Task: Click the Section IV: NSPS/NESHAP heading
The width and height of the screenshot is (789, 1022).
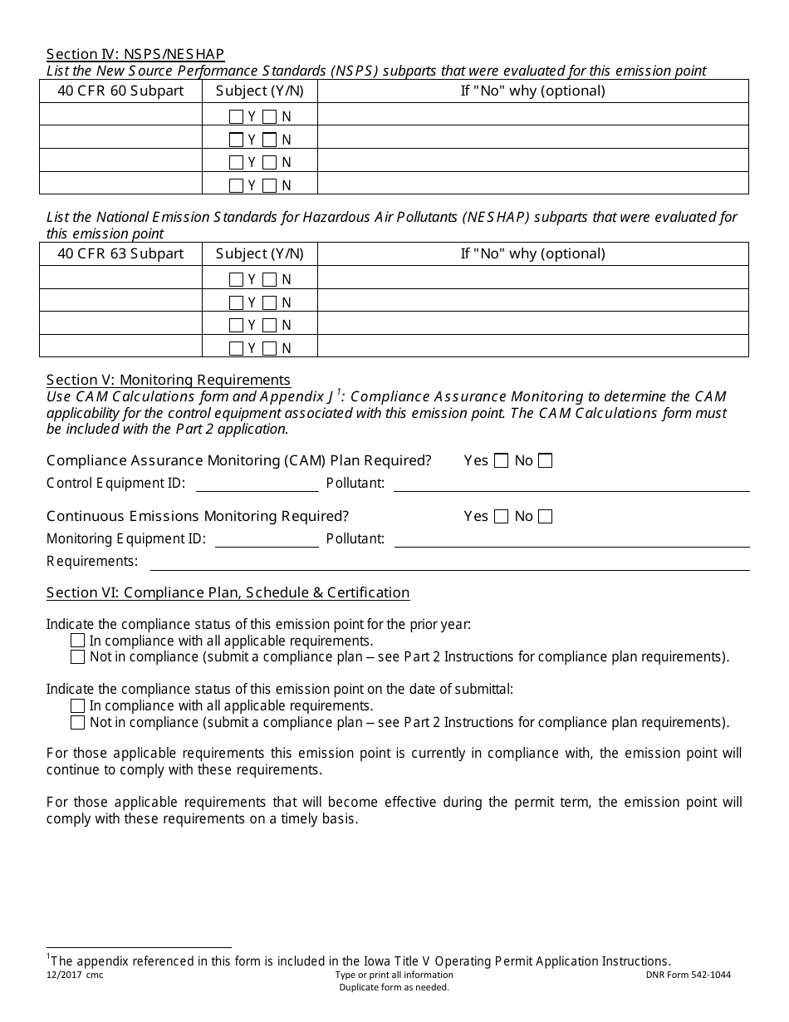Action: (x=135, y=54)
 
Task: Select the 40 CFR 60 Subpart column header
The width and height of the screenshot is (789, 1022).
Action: (x=120, y=91)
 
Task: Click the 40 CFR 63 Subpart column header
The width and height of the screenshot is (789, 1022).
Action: (x=120, y=253)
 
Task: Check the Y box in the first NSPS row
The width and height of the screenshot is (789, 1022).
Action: (x=236, y=117)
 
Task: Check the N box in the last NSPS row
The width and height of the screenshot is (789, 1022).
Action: (x=270, y=185)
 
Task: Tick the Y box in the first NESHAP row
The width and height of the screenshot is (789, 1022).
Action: (x=236, y=280)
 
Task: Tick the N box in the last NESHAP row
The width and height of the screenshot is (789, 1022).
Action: (x=270, y=348)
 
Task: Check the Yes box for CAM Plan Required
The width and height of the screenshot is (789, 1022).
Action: (x=501, y=461)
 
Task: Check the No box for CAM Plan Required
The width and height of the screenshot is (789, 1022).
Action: (x=545, y=461)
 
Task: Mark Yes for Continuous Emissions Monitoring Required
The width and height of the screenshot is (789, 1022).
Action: (x=501, y=517)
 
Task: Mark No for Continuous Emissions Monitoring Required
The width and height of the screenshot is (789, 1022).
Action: (x=545, y=517)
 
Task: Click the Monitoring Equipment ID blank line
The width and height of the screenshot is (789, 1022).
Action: (x=266, y=541)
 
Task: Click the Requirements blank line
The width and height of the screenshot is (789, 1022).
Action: (x=448, y=563)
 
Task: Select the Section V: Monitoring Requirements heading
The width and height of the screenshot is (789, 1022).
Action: (x=169, y=380)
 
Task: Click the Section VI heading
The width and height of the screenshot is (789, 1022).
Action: (x=228, y=592)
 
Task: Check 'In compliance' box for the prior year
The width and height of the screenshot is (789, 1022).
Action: (x=78, y=641)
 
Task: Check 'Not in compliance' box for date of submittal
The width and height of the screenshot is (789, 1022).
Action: (x=78, y=722)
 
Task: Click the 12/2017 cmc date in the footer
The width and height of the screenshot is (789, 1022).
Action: (x=75, y=975)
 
